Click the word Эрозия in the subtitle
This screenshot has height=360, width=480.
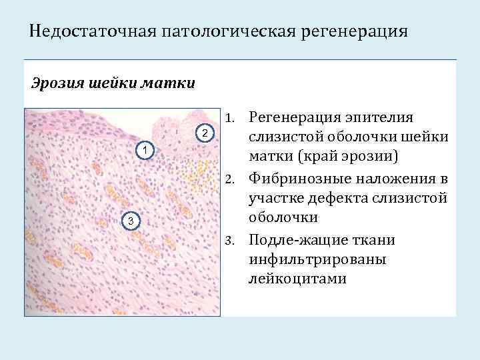(x=56, y=84)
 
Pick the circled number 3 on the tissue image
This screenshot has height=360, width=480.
(x=132, y=221)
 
